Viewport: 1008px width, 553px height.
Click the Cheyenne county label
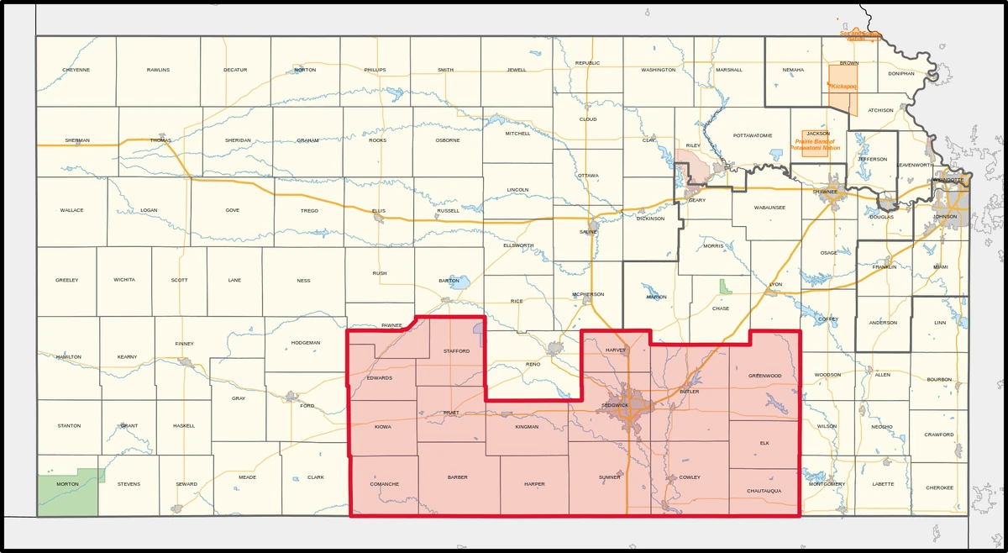click(76, 70)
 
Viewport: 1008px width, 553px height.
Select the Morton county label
click(67, 484)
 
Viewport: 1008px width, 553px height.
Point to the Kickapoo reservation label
click(843, 87)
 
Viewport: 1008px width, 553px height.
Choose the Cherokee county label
click(940, 487)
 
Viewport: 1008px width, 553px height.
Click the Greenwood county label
click(764, 375)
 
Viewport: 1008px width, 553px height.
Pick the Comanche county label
click(383, 484)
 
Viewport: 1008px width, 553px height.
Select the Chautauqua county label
click(764, 491)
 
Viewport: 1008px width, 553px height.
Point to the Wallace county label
click(71, 210)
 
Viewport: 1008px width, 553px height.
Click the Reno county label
click(533, 365)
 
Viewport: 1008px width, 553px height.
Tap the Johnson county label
click(945, 216)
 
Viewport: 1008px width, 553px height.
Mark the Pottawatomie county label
click(752, 135)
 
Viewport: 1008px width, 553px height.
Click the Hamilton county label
click(68, 357)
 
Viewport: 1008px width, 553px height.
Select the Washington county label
click(658, 70)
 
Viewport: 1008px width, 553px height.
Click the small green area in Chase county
click(725, 287)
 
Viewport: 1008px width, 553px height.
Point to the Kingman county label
click(527, 427)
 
